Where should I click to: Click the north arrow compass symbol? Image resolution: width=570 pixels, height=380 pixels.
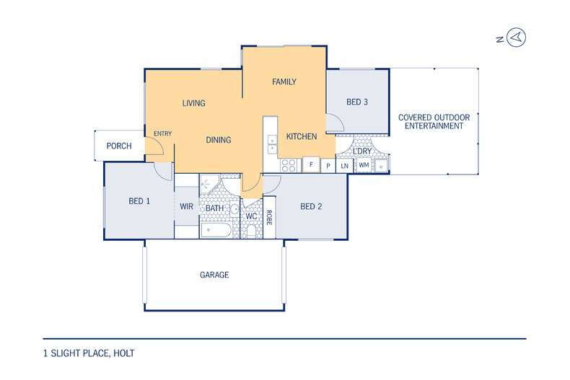coord(516,37)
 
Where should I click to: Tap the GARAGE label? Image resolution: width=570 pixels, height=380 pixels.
coord(214,275)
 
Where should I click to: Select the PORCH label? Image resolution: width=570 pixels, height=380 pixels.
coord(119,146)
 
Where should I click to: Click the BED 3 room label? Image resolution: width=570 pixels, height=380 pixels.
coord(357,102)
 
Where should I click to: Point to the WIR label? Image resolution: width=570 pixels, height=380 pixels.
coord(186,206)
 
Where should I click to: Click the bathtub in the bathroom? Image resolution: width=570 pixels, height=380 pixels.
coord(216,230)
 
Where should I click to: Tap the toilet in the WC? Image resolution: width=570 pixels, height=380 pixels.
coord(251,231)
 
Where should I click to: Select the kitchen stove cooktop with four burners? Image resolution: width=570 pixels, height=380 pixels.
coord(289,166)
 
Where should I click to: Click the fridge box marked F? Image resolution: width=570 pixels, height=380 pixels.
coord(311,164)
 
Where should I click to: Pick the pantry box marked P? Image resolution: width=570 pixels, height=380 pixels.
coord(328,166)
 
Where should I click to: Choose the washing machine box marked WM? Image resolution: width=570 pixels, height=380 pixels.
coord(364,165)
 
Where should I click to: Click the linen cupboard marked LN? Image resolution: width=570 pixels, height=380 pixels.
coord(344,166)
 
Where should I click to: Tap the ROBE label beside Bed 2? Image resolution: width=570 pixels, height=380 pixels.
coord(269,218)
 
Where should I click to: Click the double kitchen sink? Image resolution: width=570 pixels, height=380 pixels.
coord(272,144)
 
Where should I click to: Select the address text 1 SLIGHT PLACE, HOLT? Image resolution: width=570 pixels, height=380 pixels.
coord(89,353)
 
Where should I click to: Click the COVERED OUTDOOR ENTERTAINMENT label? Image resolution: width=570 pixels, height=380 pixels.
coord(434,122)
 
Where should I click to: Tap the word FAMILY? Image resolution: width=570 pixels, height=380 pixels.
coord(284,81)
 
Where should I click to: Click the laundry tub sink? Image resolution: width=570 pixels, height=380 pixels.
coord(381,166)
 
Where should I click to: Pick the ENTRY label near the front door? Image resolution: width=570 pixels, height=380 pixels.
coord(162,133)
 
